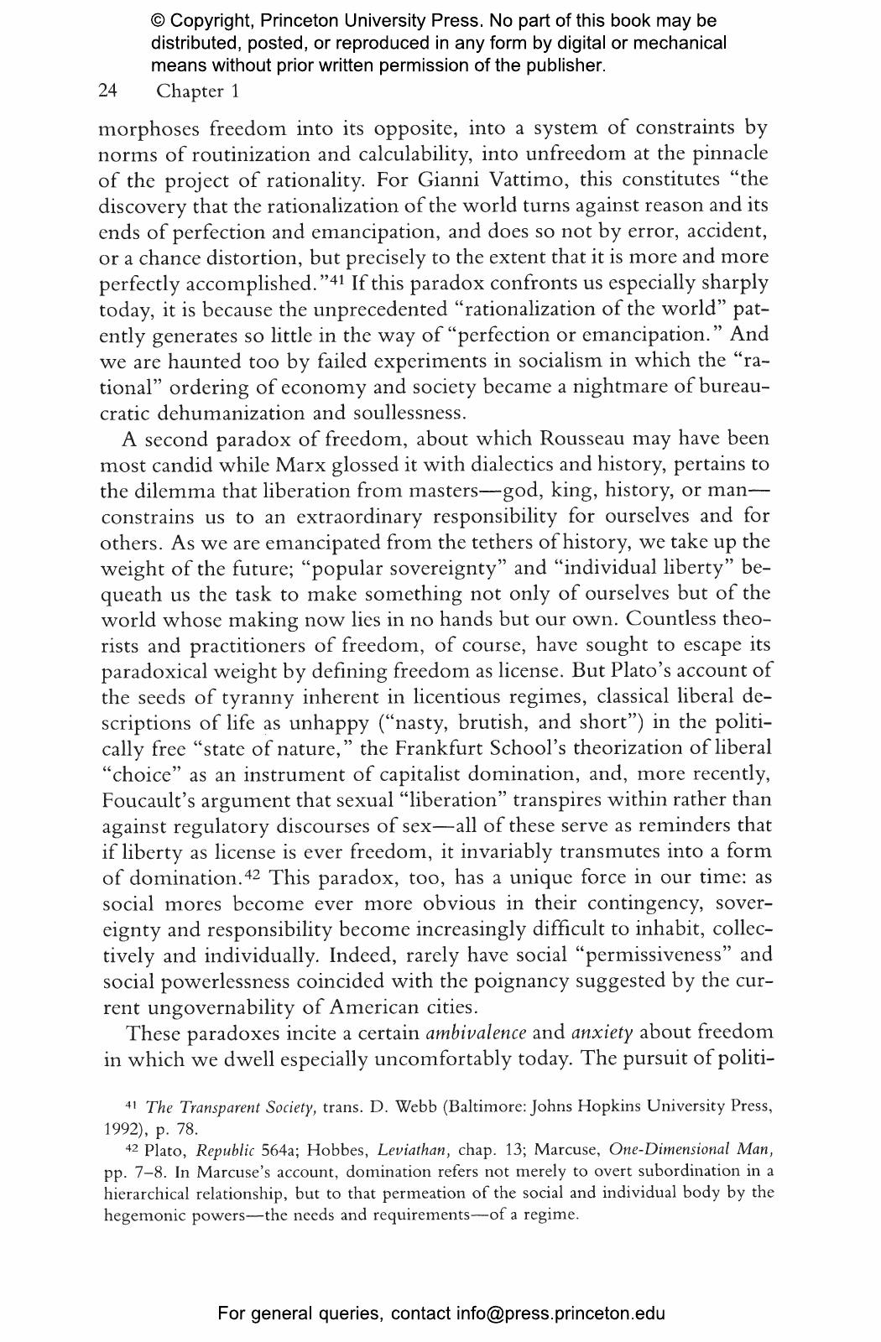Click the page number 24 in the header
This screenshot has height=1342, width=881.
[x=107, y=91]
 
